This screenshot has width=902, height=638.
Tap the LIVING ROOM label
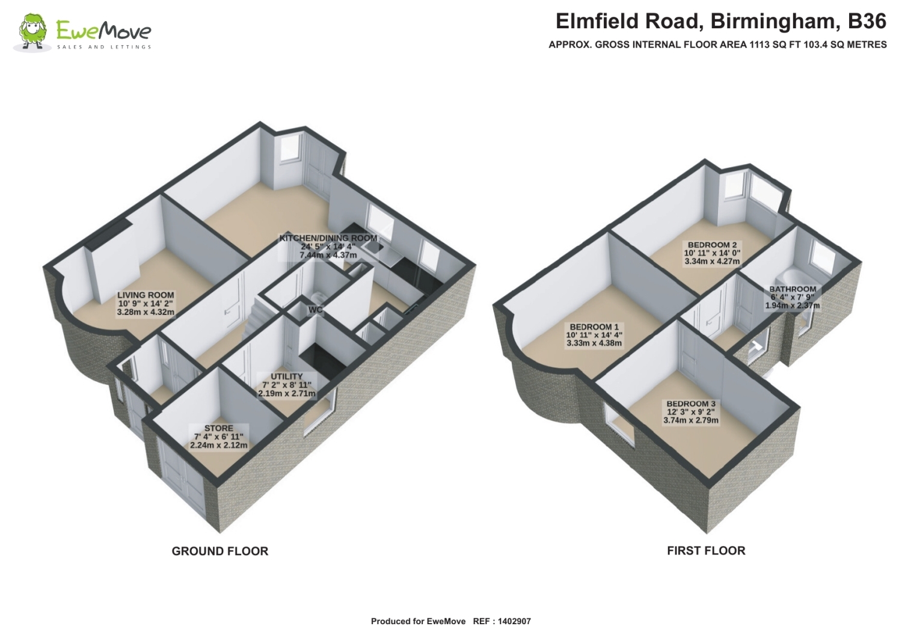tap(146, 295)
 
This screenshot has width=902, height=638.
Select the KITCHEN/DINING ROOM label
tap(328, 238)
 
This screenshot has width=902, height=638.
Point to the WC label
tap(315, 310)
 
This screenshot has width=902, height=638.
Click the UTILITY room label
tap(287, 376)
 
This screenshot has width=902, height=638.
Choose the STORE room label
tap(219, 428)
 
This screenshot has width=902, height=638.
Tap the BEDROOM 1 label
tap(594, 327)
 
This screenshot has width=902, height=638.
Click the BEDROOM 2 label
tap(713, 245)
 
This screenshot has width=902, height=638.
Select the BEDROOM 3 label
tap(691, 403)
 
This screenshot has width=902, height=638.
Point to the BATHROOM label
tap(793, 289)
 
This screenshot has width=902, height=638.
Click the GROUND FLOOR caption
tap(220, 551)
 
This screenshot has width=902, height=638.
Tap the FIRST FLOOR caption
tap(706, 551)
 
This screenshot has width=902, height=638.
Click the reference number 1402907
tap(514, 621)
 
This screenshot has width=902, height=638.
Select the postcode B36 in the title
tap(867, 22)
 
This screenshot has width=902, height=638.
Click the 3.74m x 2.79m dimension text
tap(691, 420)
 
